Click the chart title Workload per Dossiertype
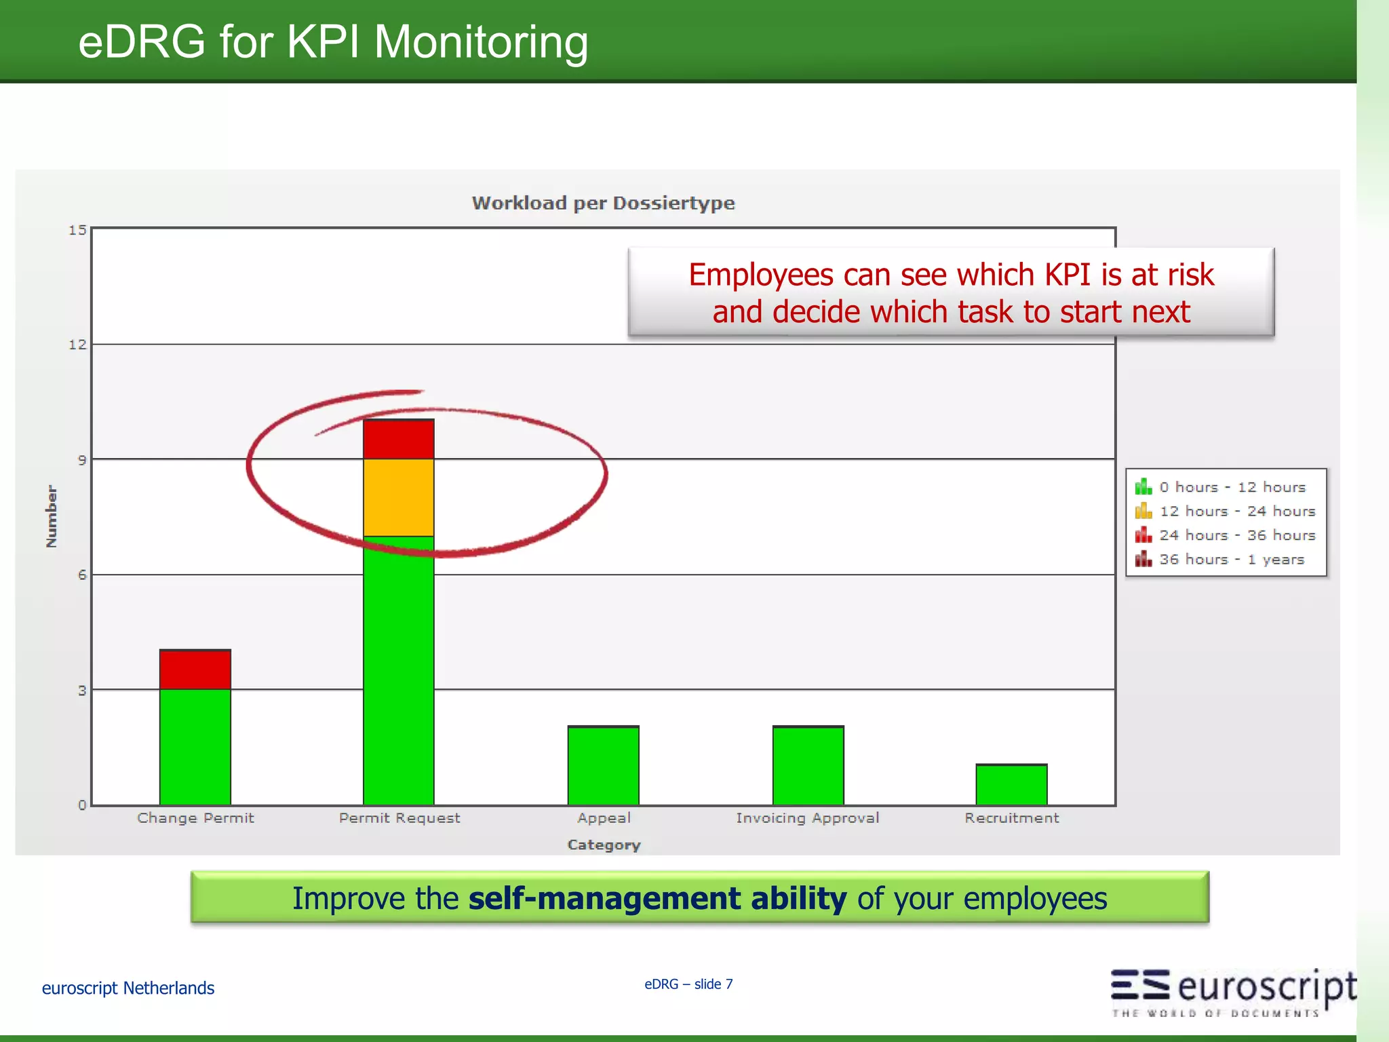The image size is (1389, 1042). tap(603, 203)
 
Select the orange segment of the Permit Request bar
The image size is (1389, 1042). tap(399, 497)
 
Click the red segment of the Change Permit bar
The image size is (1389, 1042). tap(195, 670)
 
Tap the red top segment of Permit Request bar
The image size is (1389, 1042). tap(399, 440)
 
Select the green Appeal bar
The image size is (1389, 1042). tap(604, 766)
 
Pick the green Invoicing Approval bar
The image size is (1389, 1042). tap(808, 766)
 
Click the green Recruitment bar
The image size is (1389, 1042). tap(1011, 785)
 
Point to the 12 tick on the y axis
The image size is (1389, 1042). tap(78, 345)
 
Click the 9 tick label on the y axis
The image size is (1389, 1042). tap(82, 461)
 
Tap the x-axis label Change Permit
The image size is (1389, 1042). tap(195, 818)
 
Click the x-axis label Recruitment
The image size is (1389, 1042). tap(1011, 818)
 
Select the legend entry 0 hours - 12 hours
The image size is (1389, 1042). tap(1232, 487)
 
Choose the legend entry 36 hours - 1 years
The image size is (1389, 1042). tap(1231, 560)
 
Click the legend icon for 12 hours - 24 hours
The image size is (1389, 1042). tap(1143, 511)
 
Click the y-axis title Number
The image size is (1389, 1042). tap(52, 516)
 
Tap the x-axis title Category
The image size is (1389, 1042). tap(604, 845)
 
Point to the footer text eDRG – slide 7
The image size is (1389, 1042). tap(688, 984)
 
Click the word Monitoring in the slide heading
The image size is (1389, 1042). tap(481, 42)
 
